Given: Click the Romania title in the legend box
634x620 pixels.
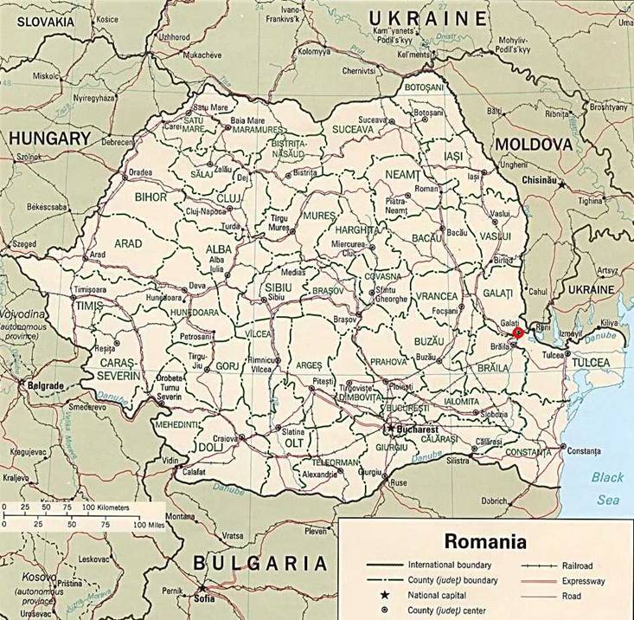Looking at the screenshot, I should click(x=485, y=543).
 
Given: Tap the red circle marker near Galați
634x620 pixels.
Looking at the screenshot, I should click(x=518, y=332).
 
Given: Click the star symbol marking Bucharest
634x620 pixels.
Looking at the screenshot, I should click(x=391, y=428).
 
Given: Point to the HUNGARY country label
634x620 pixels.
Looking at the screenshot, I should click(x=48, y=139).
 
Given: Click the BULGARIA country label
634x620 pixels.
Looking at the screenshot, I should click(x=261, y=564).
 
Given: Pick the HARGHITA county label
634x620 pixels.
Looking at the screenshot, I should click(x=357, y=231).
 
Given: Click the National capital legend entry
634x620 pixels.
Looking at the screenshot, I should click(x=431, y=596).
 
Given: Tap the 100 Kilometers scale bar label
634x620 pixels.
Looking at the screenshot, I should click(x=108, y=505).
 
